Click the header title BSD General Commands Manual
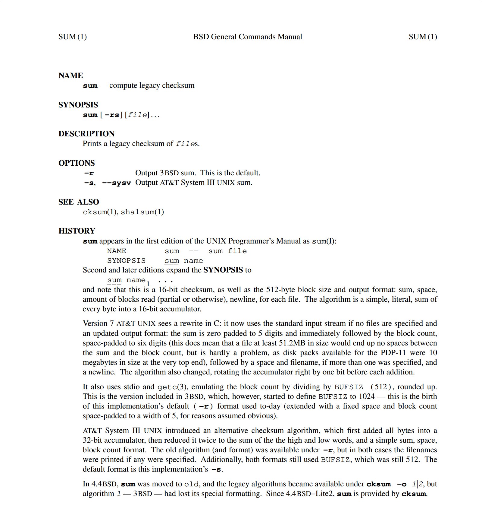click(x=247, y=37)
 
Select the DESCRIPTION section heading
click(x=86, y=134)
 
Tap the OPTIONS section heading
click(x=77, y=163)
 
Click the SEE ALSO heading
click(x=79, y=202)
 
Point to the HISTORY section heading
click(x=77, y=231)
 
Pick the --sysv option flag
click(x=117, y=183)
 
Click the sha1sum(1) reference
click(x=142, y=212)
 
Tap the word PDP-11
click(x=393, y=353)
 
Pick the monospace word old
click(x=191, y=484)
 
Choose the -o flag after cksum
click(x=402, y=484)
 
